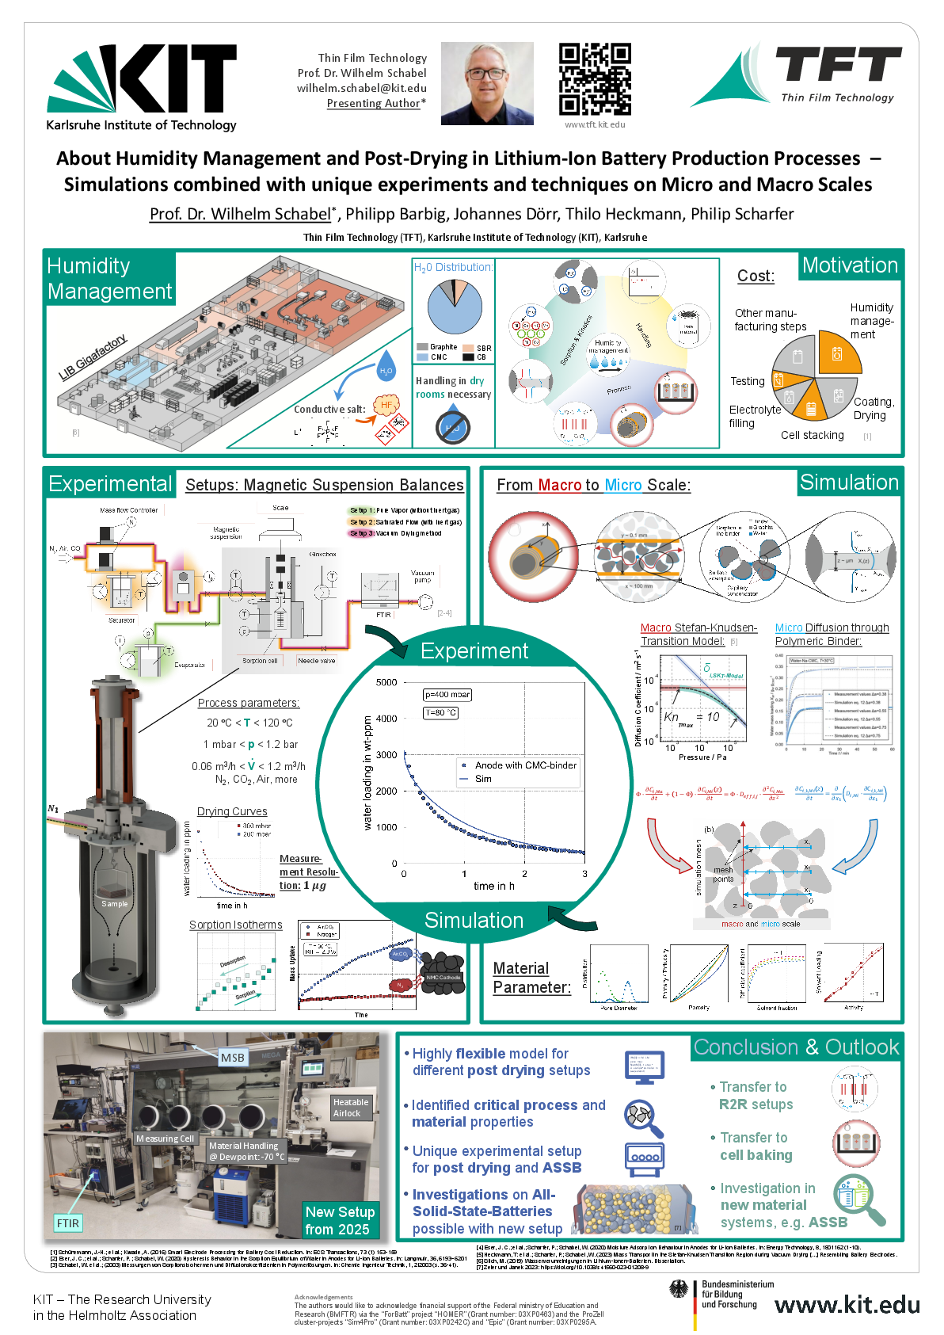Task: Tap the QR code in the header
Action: tap(595, 79)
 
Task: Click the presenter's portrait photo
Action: tap(487, 83)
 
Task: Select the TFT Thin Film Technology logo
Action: tap(796, 75)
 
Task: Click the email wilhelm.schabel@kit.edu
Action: tap(362, 88)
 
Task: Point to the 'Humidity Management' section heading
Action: tap(109, 278)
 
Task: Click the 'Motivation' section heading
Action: tap(850, 265)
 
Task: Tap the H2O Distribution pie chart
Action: tap(455, 309)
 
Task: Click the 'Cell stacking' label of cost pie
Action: tap(812, 435)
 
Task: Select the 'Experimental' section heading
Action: tap(110, 484)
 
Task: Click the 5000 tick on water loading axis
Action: tap(386, 682)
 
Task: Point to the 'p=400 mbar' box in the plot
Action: tap(447, 695)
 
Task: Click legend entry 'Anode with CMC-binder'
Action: tap(525, 765)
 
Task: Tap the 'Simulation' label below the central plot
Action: tap(474, 920)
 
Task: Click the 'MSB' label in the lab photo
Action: tap(233, 1058)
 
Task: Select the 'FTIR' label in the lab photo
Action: tap(68, 1223)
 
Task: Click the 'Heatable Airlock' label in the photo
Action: tap(350, 1108)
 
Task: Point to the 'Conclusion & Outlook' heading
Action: tap(796, 1047)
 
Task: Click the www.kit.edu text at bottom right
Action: tap(847, 1305)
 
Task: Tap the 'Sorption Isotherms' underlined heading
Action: tap(235, 925)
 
